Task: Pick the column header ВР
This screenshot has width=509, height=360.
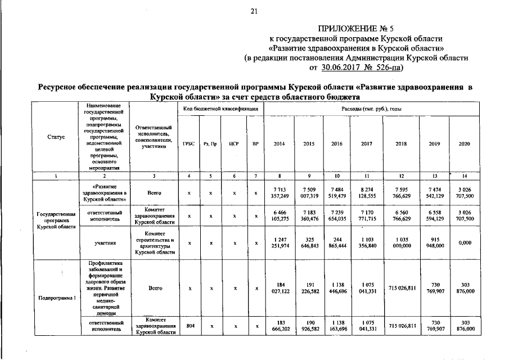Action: (255, 144)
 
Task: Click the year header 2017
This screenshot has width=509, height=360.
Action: (366, 144)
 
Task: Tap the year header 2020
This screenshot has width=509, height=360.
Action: (464, 144)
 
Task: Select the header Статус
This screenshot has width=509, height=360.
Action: (56, 137)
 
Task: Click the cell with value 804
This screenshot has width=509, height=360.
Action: (190, 326)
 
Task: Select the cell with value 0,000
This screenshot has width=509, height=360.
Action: (464, 244)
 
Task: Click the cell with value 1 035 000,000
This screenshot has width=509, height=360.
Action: (401, 244)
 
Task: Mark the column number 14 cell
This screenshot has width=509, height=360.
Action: (464, 177)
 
